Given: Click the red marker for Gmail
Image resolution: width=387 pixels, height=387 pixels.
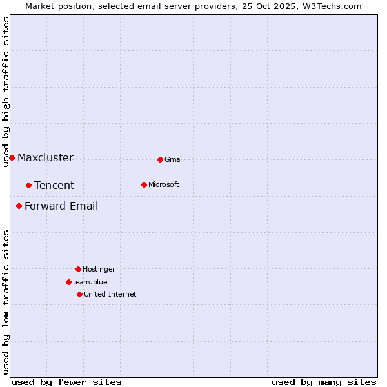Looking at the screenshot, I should [160, 159].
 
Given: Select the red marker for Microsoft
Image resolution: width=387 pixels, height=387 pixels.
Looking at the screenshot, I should [144, 184].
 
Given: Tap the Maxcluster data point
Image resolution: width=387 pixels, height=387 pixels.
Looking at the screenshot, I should [12, 157].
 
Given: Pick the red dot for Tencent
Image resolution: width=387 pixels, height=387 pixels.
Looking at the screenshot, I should [28, 185].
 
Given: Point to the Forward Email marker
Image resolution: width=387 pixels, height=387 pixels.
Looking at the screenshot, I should [19, 206].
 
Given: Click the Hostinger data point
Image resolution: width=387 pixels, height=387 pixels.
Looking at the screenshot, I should [78, 269].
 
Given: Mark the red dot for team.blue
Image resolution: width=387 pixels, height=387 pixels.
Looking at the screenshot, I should [68, 282].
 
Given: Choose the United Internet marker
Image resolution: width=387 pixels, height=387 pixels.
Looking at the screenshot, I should [79, 294].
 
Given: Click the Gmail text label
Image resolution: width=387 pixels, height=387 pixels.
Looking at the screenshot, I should [174, 160].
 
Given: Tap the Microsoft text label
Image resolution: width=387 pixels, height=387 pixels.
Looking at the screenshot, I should [164, 184].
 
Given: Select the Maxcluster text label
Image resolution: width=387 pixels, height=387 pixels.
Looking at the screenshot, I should [45, 158].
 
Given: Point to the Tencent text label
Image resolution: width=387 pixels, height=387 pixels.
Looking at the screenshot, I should [54, 186].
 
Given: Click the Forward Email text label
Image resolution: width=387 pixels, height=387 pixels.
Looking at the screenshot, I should [61, 206].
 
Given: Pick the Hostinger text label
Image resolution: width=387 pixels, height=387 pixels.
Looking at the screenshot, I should [99, 269].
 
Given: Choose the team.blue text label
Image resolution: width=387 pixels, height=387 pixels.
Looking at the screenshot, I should [90, 282].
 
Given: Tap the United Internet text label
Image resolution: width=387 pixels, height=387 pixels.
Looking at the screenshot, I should [110, 294].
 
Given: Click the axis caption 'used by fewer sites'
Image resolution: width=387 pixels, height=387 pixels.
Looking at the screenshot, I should [66, 382].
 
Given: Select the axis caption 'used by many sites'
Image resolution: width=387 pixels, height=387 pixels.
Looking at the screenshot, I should [324, 382].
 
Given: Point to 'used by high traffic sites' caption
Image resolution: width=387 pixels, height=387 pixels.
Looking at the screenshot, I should [6, 92].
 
